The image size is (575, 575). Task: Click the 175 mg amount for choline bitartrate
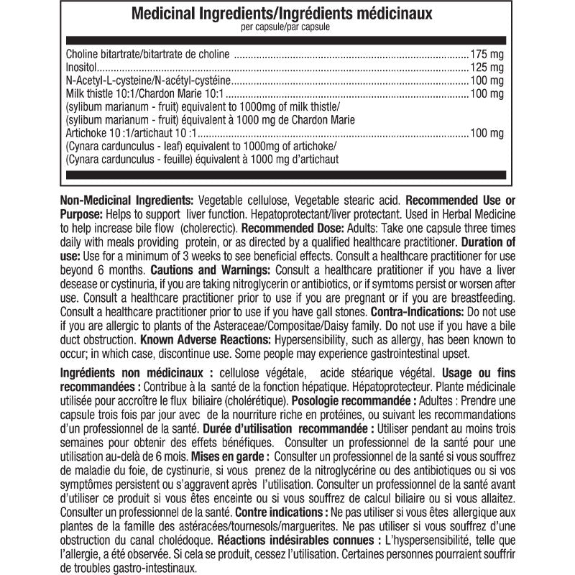tap(487, 54)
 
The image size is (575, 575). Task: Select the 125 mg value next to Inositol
tap(487, 67)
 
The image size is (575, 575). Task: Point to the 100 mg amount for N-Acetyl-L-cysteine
tap(487, 80)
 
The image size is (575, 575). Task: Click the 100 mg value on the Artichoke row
tap(487, 133)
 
